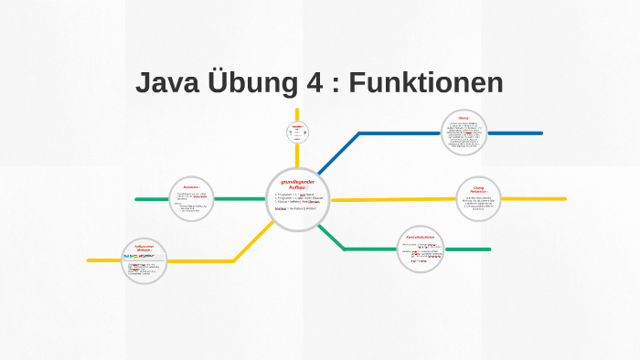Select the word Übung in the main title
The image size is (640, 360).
(251, 83)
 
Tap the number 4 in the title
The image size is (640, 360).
(313, 83)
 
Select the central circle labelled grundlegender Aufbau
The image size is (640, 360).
(296, 200)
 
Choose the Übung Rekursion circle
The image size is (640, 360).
(479, 198)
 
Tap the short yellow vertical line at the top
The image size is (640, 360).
(297, 114)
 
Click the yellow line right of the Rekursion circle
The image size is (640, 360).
(521, 198)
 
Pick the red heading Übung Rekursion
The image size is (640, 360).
(479, 186)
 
